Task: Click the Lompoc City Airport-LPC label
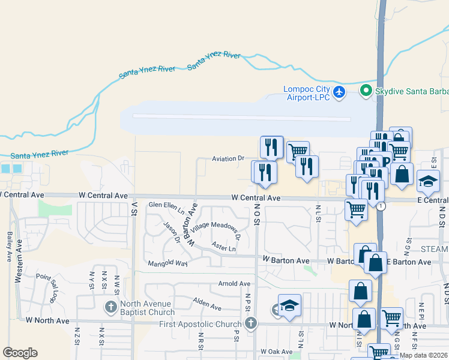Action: click(x=307, y=93)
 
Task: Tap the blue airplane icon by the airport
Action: click(x=340, y=92)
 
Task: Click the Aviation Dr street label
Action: click(x=228, y=159)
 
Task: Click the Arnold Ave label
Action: click(x=234, y=283)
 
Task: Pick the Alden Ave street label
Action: click(x=207, y=304)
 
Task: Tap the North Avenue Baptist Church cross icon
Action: click(x=110, y=307)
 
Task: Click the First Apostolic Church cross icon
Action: click(x=251, y=324)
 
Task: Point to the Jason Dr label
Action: click(x=172, y=232)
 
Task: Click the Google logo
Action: click(x=20, y=353)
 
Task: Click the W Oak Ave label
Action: click(x=276, y=352)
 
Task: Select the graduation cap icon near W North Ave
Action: click(x=289, y=305)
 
